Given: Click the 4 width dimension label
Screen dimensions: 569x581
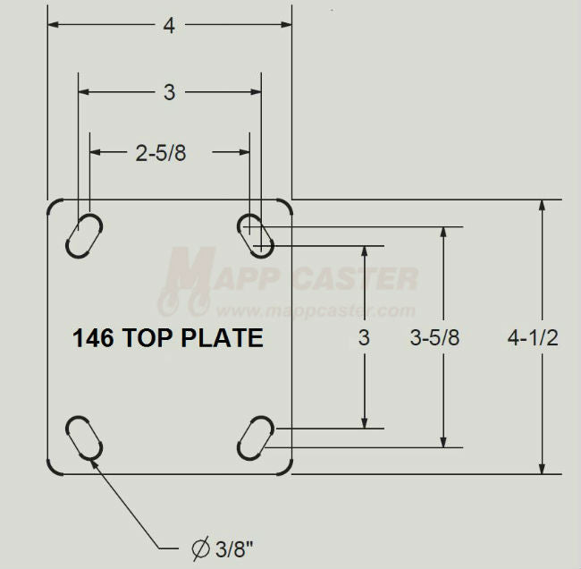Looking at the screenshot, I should pyautogui.click(x=169, y=26).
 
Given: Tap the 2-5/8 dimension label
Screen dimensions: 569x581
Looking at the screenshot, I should pyautogui.click(x=161, y=153).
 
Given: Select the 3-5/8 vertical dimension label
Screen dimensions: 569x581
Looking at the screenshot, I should pyautogui.click(x=435, y=338).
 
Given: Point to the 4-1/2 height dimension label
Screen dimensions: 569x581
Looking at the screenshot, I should pyautogui.click(x=533, y=338).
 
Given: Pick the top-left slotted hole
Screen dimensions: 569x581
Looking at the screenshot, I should pyautogui.click(x=84, y=234).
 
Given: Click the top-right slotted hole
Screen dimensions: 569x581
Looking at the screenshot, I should pyautogui.click(x=256, y=233).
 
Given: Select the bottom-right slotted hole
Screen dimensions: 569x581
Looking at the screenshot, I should pyautogui.click(x=256, y=437).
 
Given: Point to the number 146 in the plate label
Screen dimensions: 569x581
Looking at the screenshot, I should pyautogui.click(x=90, y=338).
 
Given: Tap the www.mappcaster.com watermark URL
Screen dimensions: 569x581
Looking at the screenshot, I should pyautogui.click(x=315, y=311).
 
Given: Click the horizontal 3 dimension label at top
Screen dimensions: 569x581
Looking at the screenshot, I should pyautogui.click(x=169, y=91).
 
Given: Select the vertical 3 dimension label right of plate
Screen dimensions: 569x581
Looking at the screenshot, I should pyautogui.click(x=363, y=338).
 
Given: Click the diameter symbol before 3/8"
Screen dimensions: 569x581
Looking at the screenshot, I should pyautogui.click(x=200, y=547).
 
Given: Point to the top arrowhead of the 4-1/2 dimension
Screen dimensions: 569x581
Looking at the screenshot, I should pyautogui.click(x=542, y=207).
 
